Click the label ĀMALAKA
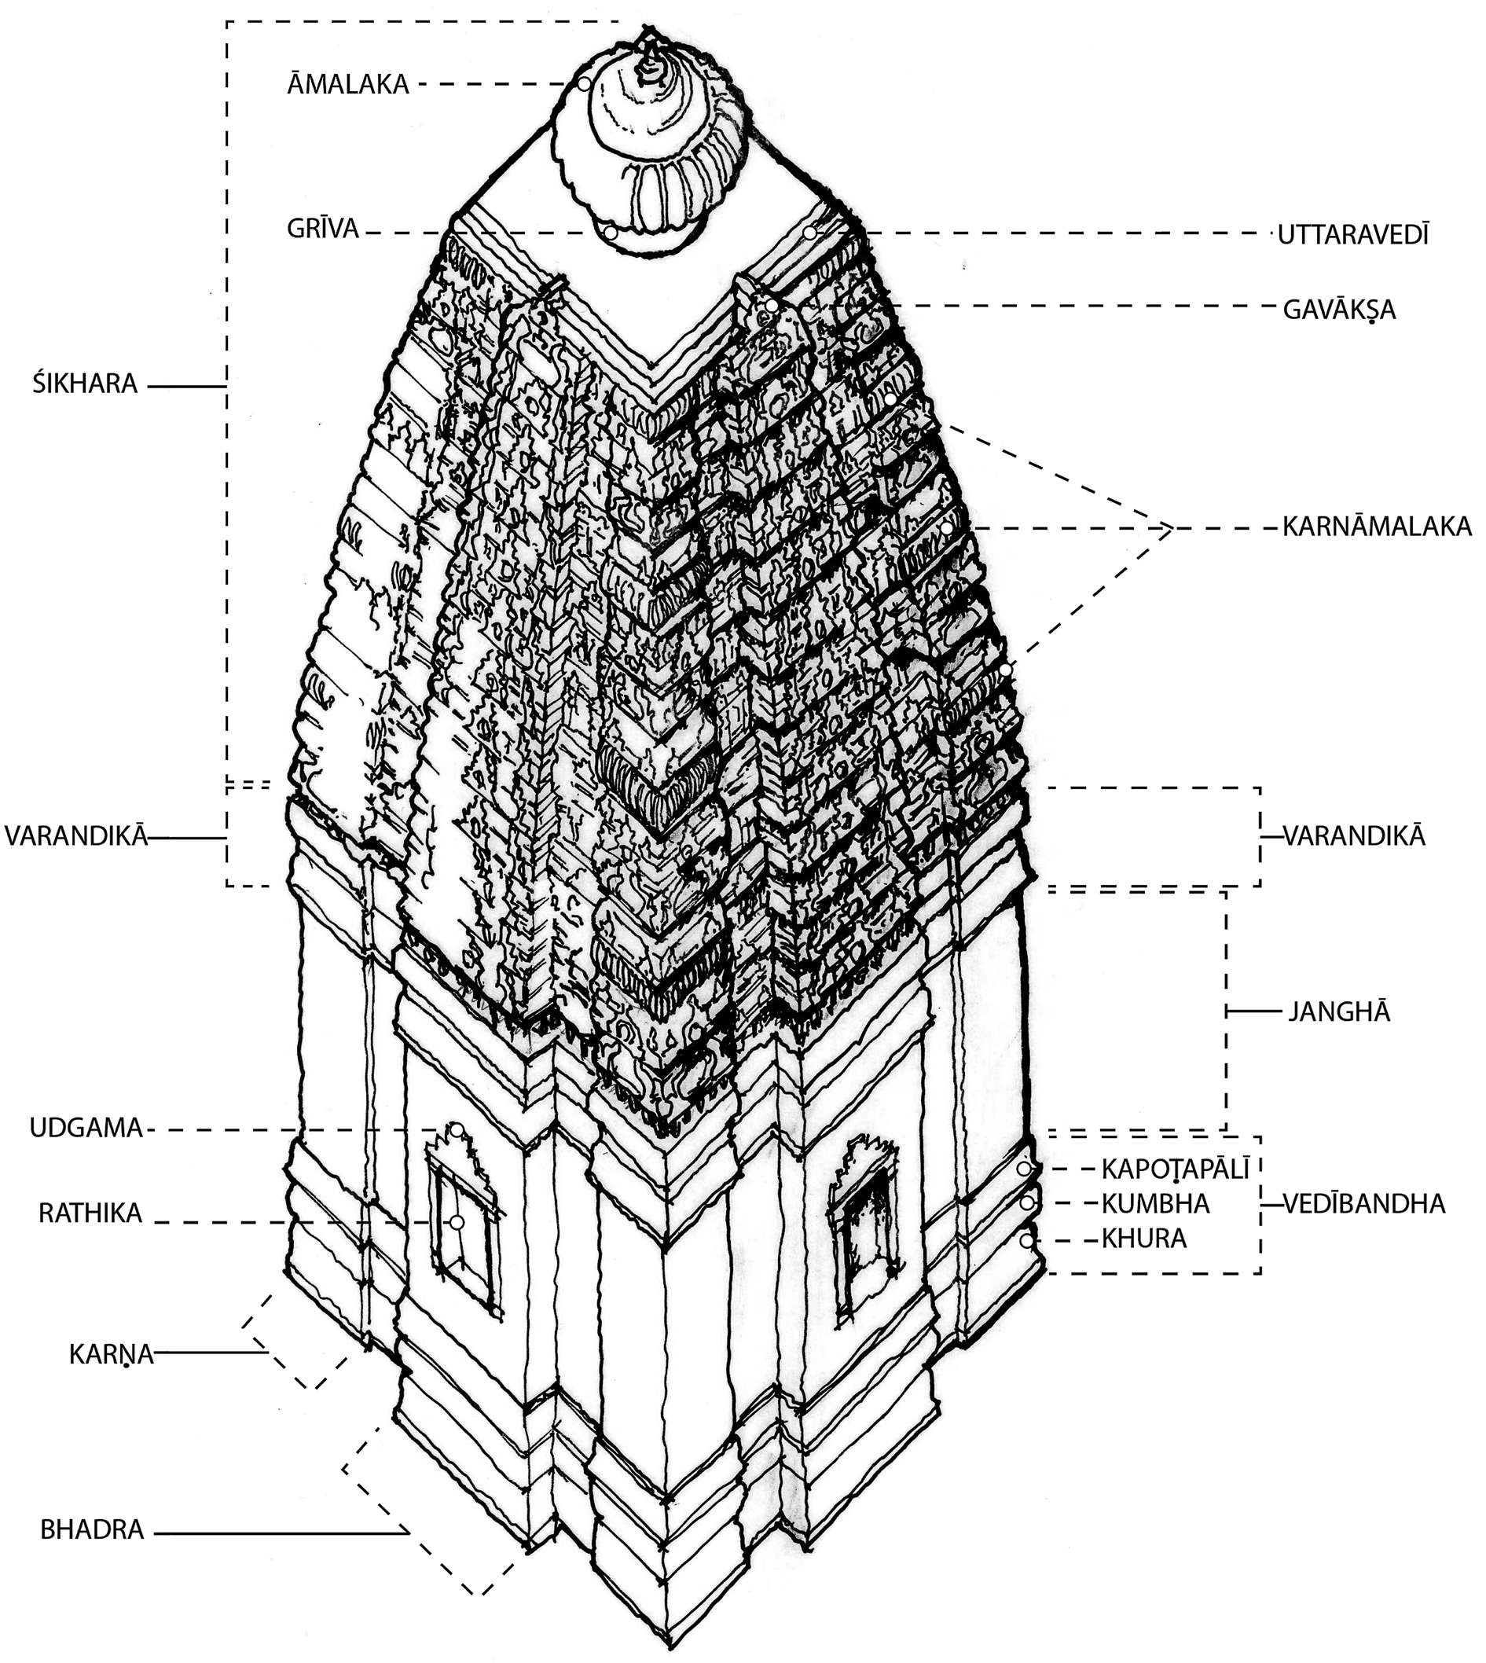click(x=347, y=84)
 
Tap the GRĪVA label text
click(x=322, y=229)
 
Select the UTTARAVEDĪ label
click(x=1353, y=235)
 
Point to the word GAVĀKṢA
click(x=1339, y=310)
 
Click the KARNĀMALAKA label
click(x=1377, y=527)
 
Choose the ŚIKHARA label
click(x=85, y=384)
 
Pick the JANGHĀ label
click(x=1339, y=1012)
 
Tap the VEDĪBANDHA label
click(x=1363, y=1203)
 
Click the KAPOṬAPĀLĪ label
click(x=1176, y=1169)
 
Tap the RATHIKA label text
click(x=90, y=1213)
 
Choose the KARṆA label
click(x=111, y=1354)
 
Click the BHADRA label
click(x=92, y=1530)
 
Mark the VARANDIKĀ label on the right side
click(x=1354, y=836)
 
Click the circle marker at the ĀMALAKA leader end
click(x=585, y=83)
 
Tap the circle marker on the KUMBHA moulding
click(x=1026, y=1203)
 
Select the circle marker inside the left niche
click(x=457, y=1222)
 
